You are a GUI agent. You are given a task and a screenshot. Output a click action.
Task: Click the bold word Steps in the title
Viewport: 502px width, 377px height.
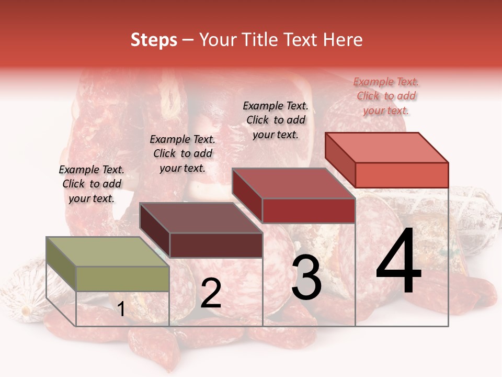tap(154, 40)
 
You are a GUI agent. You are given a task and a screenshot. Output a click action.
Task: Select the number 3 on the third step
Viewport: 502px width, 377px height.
tap(306, 278)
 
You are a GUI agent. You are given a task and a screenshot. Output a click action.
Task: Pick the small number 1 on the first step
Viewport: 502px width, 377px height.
tap(121, 309)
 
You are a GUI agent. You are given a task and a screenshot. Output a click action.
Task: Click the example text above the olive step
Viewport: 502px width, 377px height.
tap(92, 184)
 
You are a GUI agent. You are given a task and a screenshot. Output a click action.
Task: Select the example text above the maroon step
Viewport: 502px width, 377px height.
tap(182, 153)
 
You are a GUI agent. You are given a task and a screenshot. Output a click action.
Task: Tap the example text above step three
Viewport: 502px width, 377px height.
tap(276, 120)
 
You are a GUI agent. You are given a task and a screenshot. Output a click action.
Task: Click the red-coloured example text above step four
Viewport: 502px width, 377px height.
tap(386, 96)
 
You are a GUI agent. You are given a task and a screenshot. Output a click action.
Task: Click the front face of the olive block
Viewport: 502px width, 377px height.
tap(123, 279)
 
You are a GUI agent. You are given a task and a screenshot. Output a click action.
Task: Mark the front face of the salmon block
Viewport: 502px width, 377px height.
tap(402, 175)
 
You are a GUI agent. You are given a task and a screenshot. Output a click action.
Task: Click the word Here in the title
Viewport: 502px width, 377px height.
tap(343, 40)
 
